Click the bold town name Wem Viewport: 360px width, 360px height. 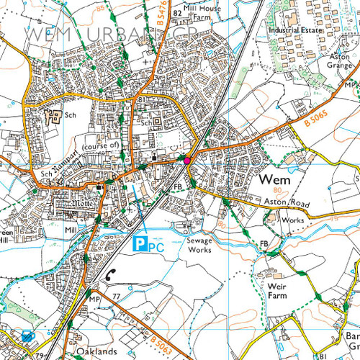[x=274, y=180]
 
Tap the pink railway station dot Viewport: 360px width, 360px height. [x=187, y=160]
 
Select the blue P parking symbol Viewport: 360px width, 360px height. [x=143, y=246]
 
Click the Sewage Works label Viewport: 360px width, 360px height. [x=199, y=244]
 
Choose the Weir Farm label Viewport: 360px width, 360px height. [x=277, y=290]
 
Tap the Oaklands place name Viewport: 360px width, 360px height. [x=97, y=351]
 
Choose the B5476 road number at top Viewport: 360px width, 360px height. [x=163, y=11]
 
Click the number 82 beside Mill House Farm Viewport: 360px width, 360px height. [x=176, y=13]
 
